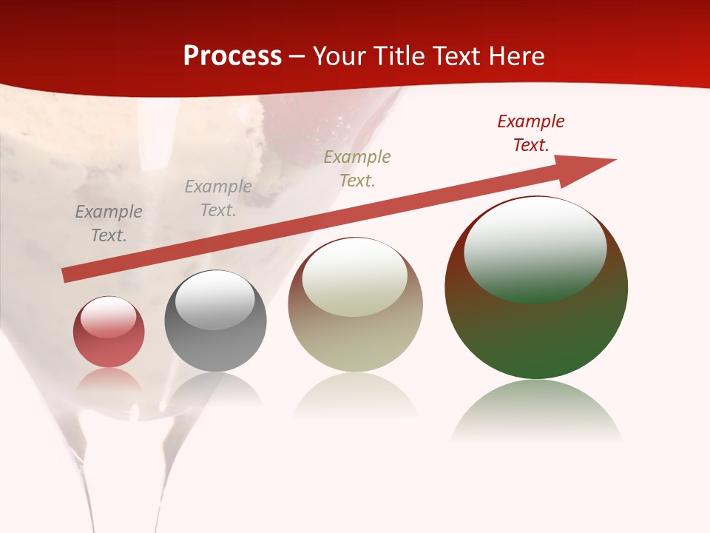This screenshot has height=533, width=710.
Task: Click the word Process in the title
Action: (x=232, y=56)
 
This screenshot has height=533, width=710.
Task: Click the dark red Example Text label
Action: (x=531, y=133)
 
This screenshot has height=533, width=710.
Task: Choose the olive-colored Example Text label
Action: (x=357, y=168)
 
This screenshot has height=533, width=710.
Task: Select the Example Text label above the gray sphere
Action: (x=218, y=198)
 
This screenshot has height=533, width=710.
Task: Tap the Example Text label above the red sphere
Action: (x=109, y=223)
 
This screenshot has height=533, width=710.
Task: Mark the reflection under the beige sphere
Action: (x=355, y=396)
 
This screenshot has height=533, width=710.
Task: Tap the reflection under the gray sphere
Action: (x=215, y=389)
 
